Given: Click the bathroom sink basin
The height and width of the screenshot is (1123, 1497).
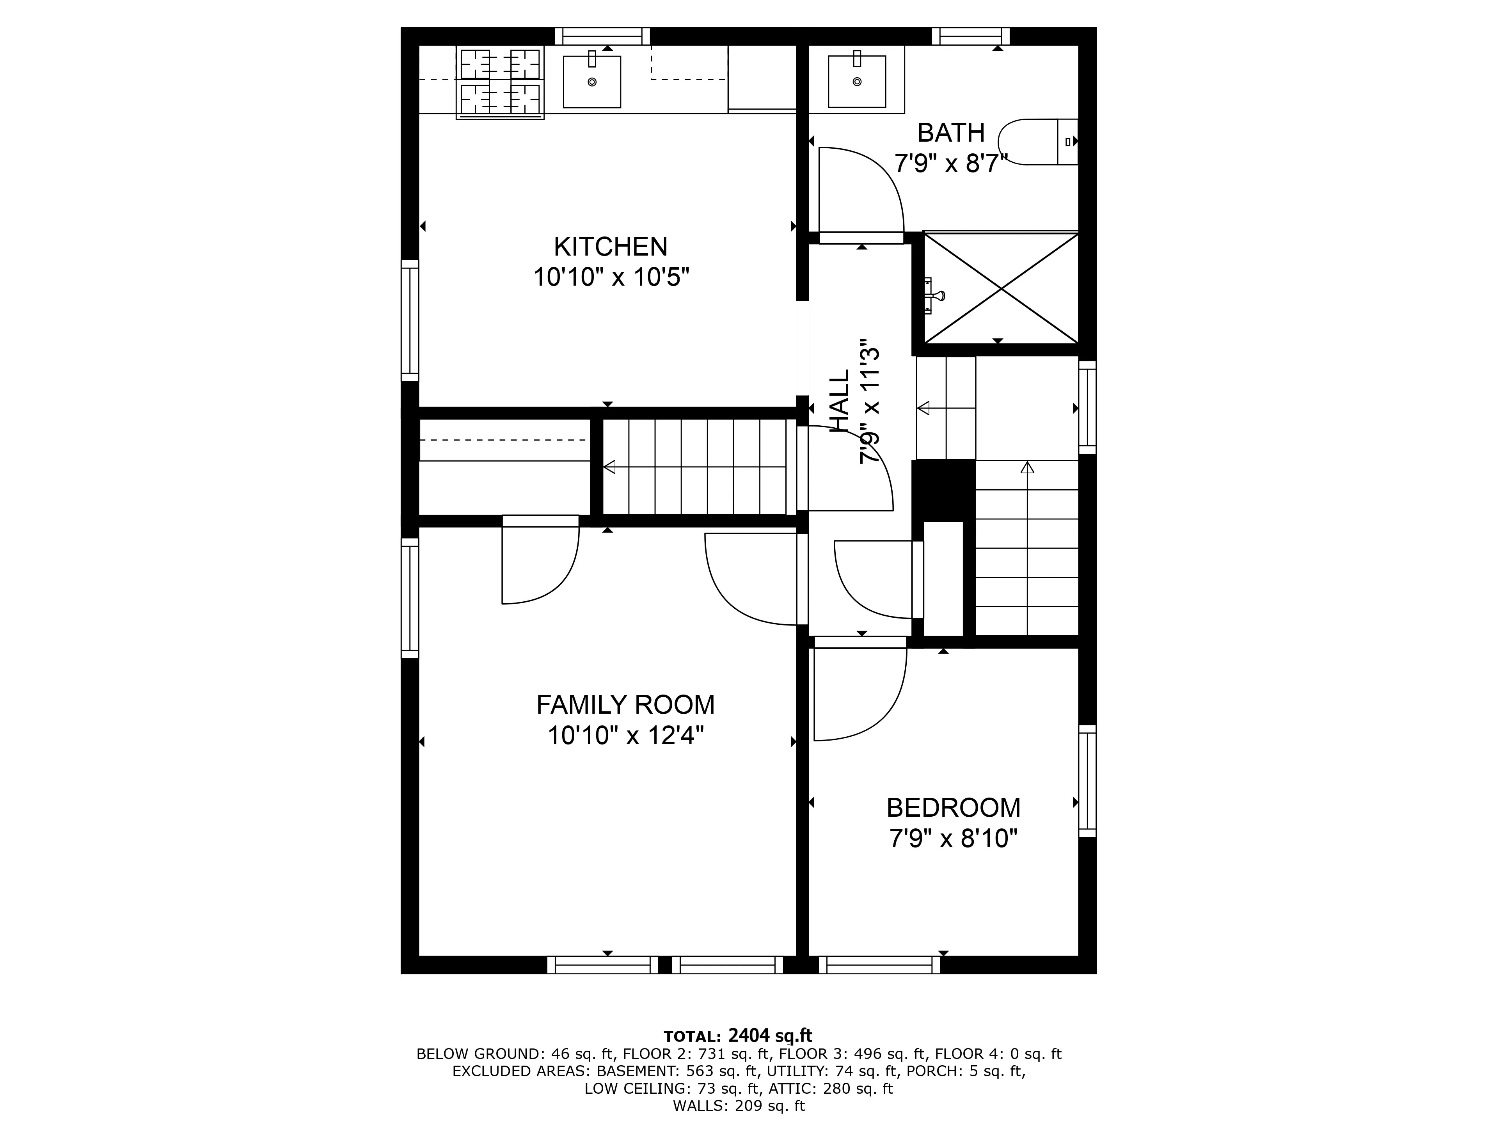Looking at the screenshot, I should click(x=857, y=81).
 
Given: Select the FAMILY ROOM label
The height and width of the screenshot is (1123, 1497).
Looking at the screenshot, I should click(x=625, y=705).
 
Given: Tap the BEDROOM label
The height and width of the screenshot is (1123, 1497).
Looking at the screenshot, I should click(x=953, y=808).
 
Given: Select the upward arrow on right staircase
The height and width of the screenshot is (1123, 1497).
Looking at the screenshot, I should click(x=1027, y=467).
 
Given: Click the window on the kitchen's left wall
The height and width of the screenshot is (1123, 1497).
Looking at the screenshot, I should click(x=409, y=320).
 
